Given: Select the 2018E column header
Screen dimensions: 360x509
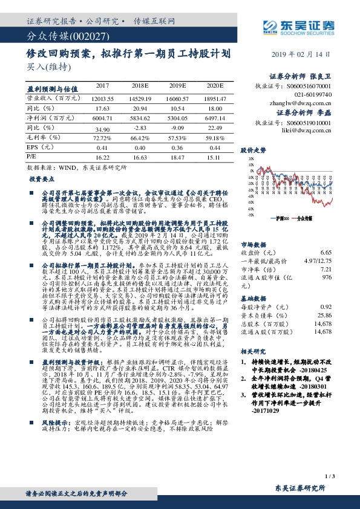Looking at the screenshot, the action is (140, 86).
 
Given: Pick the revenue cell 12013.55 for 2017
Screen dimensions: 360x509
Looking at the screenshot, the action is (102, 97).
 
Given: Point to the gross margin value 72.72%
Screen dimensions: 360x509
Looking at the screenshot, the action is (102, 138).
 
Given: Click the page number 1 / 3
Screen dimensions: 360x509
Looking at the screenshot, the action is (329, 476).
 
